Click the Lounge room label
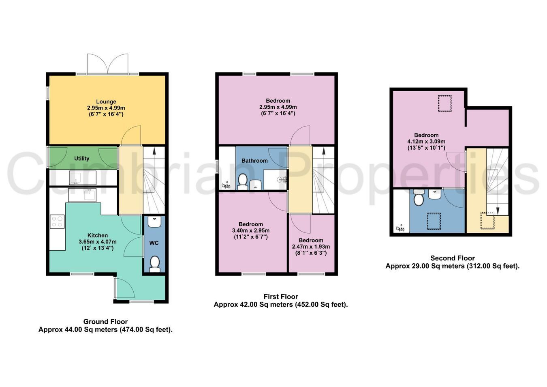(x=106, y=101)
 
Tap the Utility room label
(x=81, y=159)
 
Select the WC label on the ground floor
(x=154, y=243)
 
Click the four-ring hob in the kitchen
(x=57, y=221)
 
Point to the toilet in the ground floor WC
(x=154, y=264)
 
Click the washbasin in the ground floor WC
(x=154, y=221)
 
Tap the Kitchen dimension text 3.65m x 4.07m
(x=97, y=242)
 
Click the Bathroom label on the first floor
(x=254, y=161)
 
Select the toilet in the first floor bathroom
(x=242, y=182)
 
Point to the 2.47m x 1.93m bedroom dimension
(x=311, y=247)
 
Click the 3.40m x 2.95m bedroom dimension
(x=251, y=230)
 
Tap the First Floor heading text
(x=281, y=297)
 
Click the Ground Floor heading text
(x=105, y=321)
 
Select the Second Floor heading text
(x=453, y=258)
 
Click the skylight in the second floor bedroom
(x=444, y=103)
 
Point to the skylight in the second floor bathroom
(x=434, y=221)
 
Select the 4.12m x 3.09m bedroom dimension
(x=426, y=142)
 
